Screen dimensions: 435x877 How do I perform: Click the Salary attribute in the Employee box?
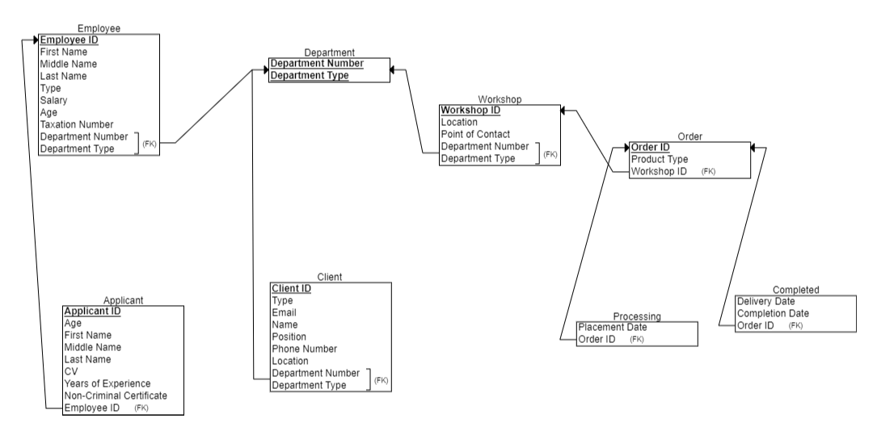tap(53, 100)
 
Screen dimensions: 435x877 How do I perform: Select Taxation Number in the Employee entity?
tap(76, 124)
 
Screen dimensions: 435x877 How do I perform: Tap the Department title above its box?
tap(328, 52)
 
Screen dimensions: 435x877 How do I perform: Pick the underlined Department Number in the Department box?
tap(316, 64)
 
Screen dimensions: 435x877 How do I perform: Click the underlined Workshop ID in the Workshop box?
tap(470, 110)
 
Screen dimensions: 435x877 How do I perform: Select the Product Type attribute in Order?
tap(660, 159)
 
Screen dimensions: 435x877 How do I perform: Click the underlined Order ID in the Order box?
tap(650, 147)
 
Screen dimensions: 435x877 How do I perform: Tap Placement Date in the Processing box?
tap(613, 327)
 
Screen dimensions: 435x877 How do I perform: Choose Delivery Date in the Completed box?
tap(765, 301)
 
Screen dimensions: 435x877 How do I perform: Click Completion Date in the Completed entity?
tap(773, 313)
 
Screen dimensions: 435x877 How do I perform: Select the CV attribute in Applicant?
tap(70, 371)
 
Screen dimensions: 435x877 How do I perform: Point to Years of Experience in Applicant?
tap(107, 383)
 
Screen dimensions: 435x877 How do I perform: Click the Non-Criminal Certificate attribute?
tap(116, 395)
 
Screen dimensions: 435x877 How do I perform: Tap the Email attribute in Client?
tap(284, 312)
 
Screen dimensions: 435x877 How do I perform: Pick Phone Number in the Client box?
tap(304, 349)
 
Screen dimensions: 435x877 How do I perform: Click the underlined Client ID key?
tap(292, 288)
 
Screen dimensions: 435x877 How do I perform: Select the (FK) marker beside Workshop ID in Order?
tap(708, 172)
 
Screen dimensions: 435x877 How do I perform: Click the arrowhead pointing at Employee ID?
tap(36, 40)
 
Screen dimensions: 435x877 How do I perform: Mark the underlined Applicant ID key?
tap(92, 311)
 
